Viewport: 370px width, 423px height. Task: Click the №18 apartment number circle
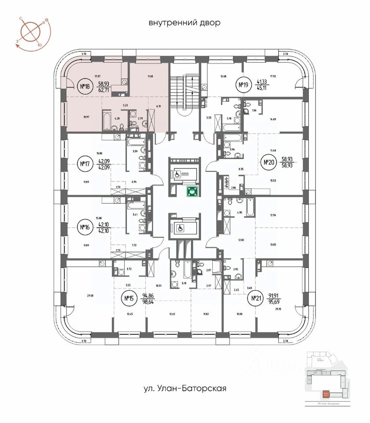[84, 86]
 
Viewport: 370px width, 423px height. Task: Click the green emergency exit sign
[191, 191]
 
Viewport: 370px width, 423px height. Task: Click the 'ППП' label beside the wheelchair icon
[191, 174]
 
